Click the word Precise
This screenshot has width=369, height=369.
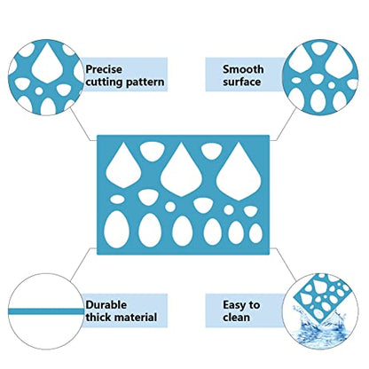pos(104,69)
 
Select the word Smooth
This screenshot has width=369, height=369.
pos(243,69)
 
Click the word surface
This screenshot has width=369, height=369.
pos(242,82)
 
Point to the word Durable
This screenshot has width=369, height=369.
pos(106,305)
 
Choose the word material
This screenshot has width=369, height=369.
pos(136,318)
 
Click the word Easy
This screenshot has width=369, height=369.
pos(234,305)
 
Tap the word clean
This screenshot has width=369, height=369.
pos(237,318)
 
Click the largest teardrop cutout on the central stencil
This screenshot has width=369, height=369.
pos(239,171)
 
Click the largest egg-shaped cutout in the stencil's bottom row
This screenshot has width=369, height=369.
pos(116,229)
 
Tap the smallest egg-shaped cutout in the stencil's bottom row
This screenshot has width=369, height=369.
pos(255,233)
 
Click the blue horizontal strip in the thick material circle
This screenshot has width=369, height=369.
pos(46,311)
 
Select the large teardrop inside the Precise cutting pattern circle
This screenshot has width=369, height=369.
pos(47,63)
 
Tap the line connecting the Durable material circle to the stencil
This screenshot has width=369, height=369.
pos(82,264)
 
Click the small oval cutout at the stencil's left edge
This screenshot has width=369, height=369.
pos(117,200)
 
